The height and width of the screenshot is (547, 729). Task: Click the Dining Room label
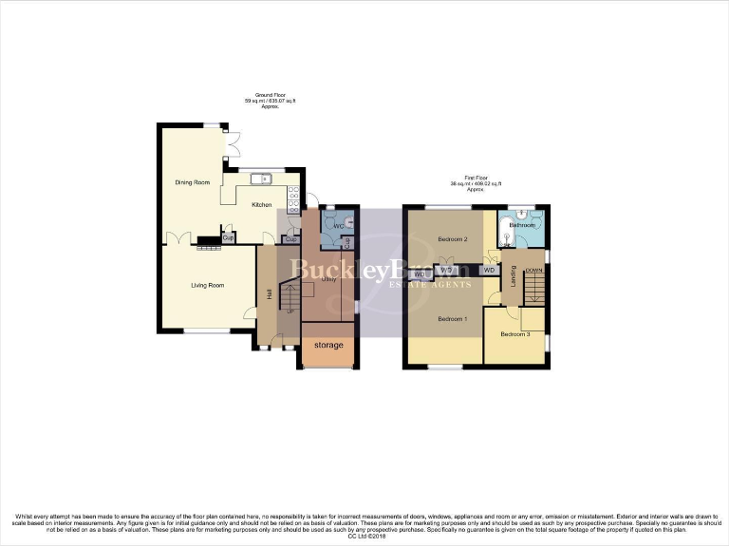click(192, 182)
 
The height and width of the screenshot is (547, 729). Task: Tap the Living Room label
click(207, 284)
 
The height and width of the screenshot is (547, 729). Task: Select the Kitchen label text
click(261, 205)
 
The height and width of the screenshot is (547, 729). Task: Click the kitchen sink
click(261, 178)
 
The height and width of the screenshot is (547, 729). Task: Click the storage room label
click(328, 345)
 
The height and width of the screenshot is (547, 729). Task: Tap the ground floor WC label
click(337, 226)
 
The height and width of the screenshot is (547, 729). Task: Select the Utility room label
click(329, 280)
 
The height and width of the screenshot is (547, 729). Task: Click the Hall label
click(270, 296)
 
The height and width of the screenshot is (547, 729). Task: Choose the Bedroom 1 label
click(452, 318)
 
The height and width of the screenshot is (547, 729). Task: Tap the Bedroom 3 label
click(515, 334)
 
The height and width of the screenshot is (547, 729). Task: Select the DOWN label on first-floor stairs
click(533, 271)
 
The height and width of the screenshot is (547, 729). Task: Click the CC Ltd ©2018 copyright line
click(364, 538)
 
